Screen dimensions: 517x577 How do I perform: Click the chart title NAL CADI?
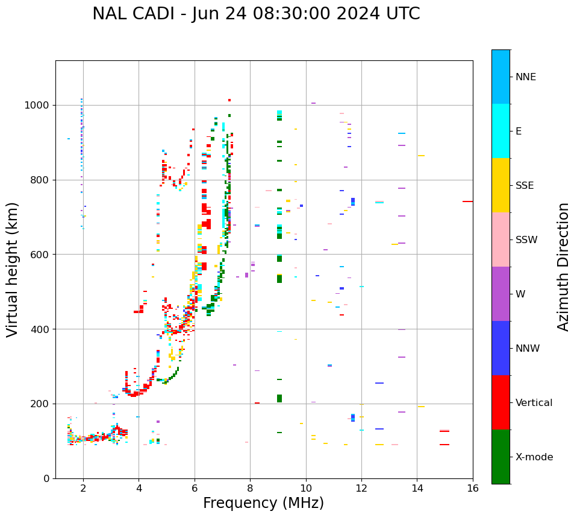256,14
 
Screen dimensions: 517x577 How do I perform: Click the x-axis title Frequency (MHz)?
263,503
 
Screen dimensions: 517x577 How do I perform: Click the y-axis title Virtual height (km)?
13,270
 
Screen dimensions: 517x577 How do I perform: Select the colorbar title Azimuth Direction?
563,267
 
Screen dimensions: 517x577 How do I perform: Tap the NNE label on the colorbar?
525,77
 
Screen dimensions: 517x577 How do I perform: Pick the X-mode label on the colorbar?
534,457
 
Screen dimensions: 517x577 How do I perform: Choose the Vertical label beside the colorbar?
534,403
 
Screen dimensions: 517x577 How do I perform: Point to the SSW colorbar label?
526,240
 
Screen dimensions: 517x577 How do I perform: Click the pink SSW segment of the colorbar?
501,239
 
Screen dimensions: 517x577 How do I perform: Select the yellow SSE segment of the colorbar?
501,185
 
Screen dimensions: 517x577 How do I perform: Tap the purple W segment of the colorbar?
501,294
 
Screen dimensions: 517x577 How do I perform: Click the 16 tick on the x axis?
473,488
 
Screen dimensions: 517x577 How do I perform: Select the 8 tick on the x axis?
250,488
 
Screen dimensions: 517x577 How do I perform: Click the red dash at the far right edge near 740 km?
467,201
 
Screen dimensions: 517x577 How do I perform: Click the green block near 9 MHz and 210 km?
279,398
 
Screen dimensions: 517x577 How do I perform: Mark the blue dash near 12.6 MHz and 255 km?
379,383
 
